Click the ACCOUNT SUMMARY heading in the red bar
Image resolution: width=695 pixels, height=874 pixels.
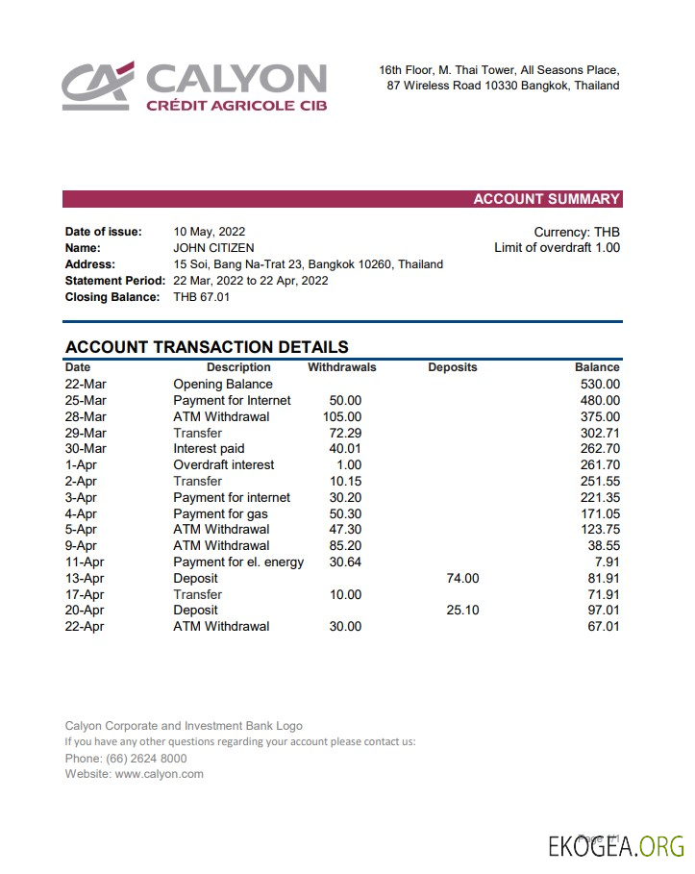[546, 199]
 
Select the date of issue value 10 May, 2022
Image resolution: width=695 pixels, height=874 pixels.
[210, 232]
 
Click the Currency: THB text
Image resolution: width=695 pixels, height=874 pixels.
[577, 232]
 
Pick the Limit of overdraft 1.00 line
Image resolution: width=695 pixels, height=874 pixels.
[557, 248]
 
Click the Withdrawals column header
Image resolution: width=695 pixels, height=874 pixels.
[342, 367]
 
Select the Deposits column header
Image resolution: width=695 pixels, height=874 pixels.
[452, 367]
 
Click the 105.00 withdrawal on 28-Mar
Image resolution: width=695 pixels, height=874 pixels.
[342, 417]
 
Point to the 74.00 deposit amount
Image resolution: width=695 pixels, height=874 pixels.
[462, 579]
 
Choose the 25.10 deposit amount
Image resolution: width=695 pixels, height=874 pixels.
[462, 611]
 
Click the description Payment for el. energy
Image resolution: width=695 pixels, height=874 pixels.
[238, 562]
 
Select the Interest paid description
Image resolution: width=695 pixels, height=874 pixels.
[209, 449]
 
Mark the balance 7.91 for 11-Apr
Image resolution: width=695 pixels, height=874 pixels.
[607, 562]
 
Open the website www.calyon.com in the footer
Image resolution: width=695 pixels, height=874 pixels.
[159, 774]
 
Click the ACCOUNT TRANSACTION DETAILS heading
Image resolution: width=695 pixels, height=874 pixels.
[207, 347]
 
